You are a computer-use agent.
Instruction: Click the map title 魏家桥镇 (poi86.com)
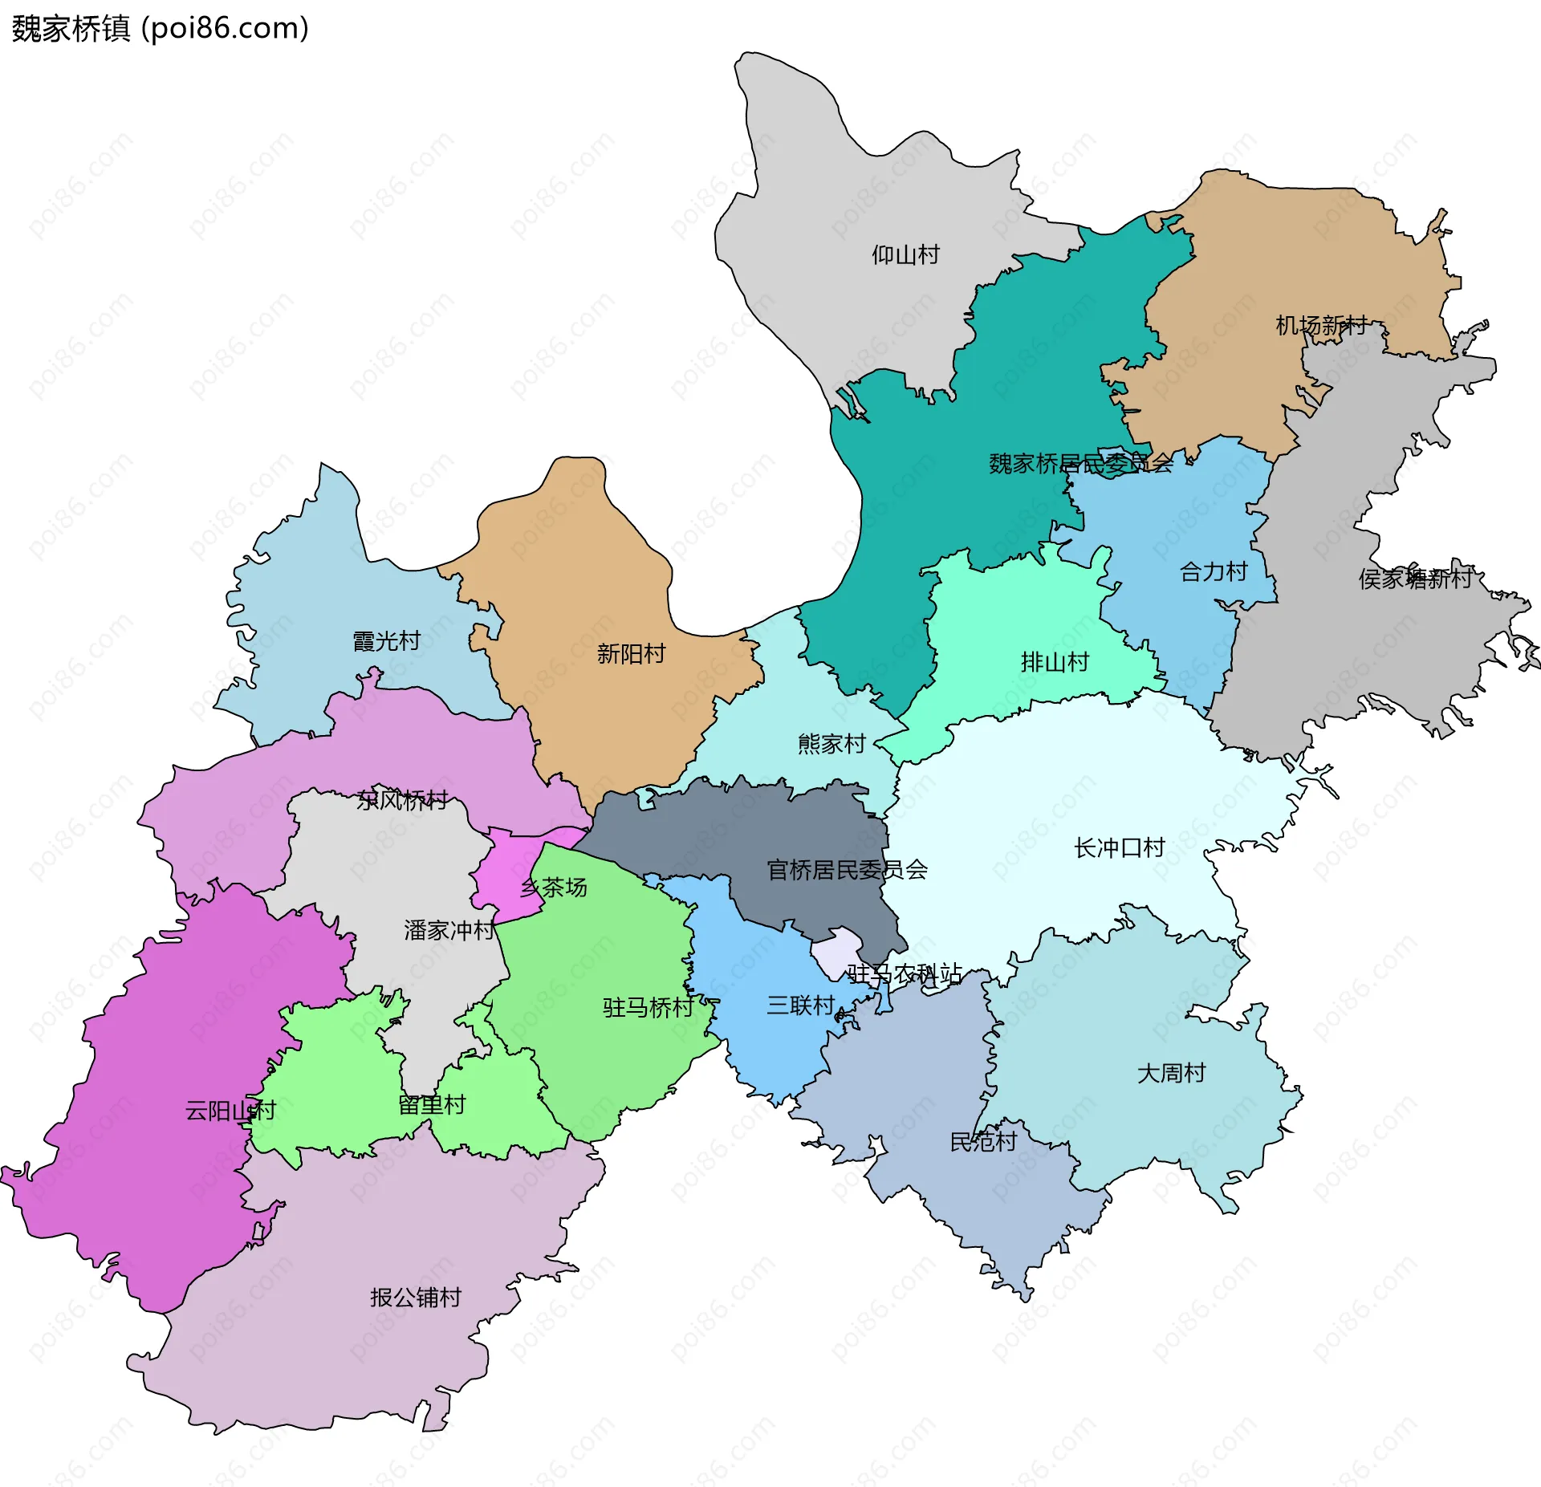160,29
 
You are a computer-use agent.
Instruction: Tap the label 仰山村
905,255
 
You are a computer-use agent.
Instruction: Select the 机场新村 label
1321,325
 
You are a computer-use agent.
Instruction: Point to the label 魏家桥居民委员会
1080,464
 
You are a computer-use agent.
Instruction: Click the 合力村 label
1214,572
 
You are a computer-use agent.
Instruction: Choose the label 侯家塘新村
1416,579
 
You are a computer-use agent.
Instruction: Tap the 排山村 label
1055,662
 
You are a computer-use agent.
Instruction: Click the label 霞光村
387,641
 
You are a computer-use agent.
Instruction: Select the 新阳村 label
631,654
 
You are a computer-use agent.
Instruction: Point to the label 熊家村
831,744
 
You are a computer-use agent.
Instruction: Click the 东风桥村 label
402,800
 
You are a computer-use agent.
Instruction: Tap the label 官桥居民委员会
847,870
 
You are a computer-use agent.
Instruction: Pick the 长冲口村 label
1119,848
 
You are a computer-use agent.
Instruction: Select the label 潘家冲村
449,930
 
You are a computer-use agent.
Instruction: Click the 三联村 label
801,1006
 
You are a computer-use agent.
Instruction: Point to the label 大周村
1171,1073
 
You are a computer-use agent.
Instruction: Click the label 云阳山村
230,1111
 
